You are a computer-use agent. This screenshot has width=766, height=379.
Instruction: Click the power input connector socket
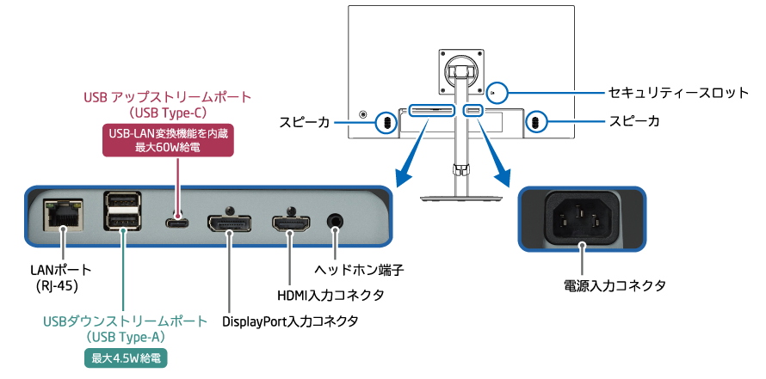584,220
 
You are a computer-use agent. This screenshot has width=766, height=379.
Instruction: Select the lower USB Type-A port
122,224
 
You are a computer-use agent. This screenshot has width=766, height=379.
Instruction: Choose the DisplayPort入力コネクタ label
289,321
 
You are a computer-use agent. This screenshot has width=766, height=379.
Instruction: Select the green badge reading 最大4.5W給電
125,358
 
